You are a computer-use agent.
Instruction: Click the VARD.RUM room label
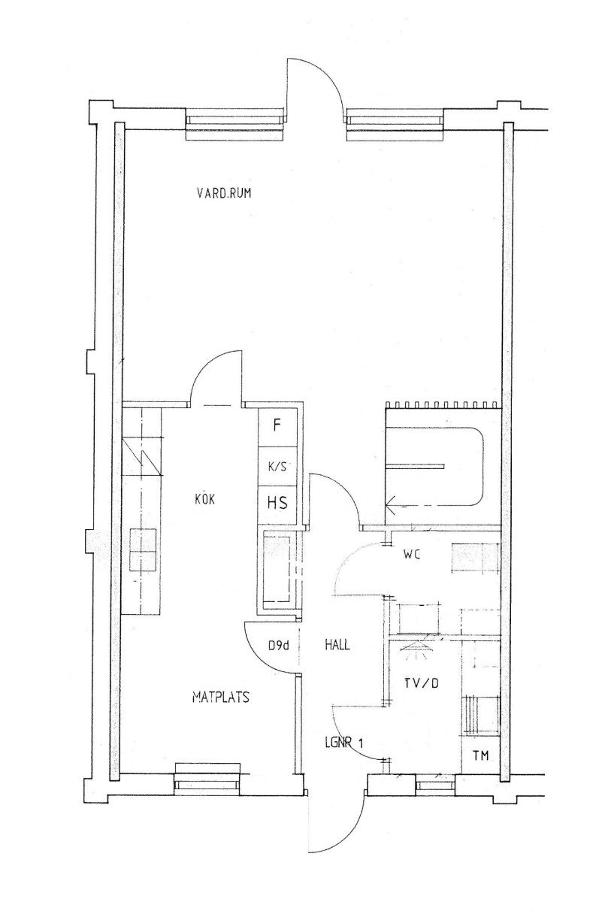click(x=223, y=193)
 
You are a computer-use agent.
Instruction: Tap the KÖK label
click(x=205, y=499)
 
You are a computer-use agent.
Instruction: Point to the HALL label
click(x=337, y=645)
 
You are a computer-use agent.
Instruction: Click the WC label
click(x=412, y=555)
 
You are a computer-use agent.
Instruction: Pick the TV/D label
click(x=422, y=683)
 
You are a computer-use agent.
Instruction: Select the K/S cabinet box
click(x=277, y=466)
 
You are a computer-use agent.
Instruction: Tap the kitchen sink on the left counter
click(x=143, y=549)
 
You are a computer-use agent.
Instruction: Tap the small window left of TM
click(x=434, y=785)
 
